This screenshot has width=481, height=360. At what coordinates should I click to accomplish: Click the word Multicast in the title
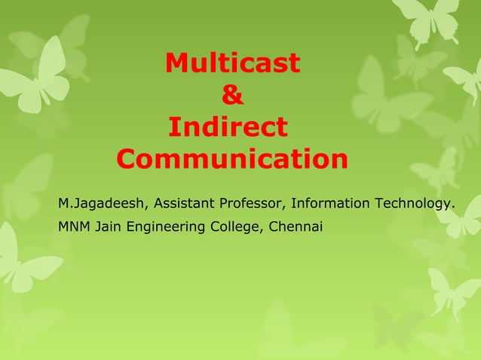click(232, 64)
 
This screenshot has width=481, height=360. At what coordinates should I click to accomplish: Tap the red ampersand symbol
click(233, 96)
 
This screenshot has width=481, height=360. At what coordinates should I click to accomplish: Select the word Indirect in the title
click(227, 127)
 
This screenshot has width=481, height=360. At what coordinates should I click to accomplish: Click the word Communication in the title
click(233, 160)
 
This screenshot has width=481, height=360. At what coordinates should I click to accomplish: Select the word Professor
click(252, 204)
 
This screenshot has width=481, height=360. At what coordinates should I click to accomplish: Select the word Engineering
click(167, 225)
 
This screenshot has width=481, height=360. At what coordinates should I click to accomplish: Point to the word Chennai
click(296, 225)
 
